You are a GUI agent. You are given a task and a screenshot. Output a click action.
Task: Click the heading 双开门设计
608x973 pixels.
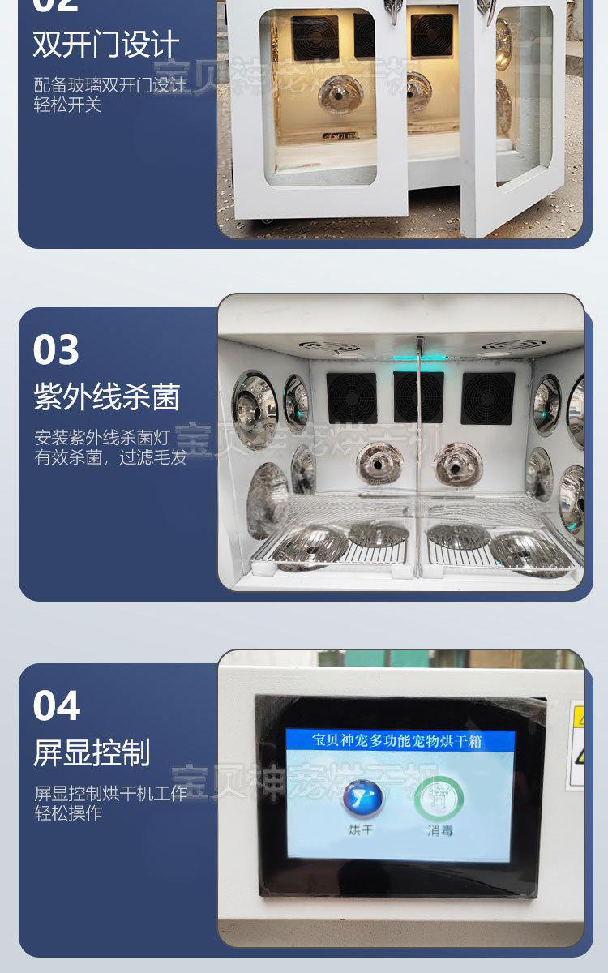coord(105,45)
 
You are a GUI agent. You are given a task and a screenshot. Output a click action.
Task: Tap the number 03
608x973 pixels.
coord(56,350)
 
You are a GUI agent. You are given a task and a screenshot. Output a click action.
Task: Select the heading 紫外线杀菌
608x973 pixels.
coord(106,397)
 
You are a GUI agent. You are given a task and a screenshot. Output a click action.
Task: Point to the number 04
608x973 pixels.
coord(56,705)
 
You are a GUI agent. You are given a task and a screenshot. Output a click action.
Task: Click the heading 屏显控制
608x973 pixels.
coord(92,752)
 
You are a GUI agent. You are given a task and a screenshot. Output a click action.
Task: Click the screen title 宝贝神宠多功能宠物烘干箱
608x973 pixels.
coord(400,739)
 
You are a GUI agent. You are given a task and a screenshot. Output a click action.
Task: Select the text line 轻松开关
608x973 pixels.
coord(67,105)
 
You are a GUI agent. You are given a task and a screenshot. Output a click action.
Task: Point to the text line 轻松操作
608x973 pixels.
coord(67,813)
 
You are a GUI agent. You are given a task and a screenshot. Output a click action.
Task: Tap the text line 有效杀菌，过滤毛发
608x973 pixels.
coord(110,457)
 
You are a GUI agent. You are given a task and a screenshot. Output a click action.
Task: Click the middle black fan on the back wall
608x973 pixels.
coord(418,397)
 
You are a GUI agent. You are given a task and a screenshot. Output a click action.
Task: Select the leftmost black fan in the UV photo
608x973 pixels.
coord(351,397)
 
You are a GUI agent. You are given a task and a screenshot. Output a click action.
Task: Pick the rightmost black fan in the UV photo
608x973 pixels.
coord(487,398)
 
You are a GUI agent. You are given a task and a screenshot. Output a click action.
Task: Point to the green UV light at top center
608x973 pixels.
coord(420,354)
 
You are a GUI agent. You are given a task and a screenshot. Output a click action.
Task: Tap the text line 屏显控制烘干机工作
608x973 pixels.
coord(110,793)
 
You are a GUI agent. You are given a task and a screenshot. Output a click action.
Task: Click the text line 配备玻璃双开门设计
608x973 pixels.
coord(109,85)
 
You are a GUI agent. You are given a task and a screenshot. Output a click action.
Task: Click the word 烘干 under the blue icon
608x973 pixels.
coord(361,829)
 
